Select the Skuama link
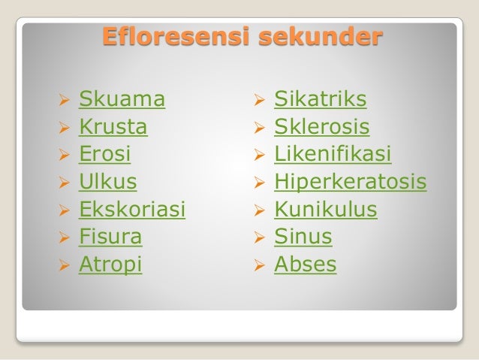[x=122, y=98]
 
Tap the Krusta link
[x=113, y=126]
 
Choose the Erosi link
[x=105, y=154]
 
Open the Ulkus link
[x=108, y=182]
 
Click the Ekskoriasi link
[x=132, y=209]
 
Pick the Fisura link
[x=110, y=237]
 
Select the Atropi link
[x=110, y=265]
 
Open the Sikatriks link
[x=321, y=98]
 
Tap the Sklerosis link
[x=322, y=126]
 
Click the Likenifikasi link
[x=333, y=154]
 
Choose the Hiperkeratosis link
[x=350, y=182]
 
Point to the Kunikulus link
[x=325, y=209]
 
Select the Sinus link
[x=303, y=237]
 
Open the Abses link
[x=306, y=265]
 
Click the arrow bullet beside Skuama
[x=63, y=99]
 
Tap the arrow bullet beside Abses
[x=258, y=265]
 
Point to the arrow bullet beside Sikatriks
[x=258, y=99]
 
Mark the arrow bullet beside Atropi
[x=63, y=265]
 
